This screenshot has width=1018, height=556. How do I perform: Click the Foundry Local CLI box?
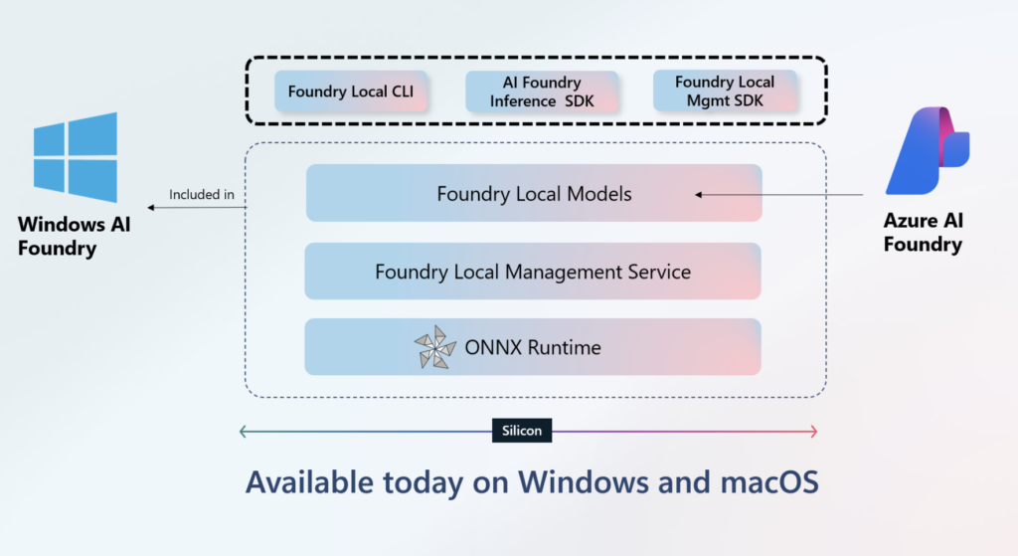point(350,92)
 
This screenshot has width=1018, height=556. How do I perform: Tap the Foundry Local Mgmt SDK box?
point(724,92)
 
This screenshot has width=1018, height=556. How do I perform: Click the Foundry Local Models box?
point(534,194)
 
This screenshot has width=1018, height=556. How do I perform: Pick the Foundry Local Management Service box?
point(533,272)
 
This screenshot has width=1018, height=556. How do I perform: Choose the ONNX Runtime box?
point(533,348)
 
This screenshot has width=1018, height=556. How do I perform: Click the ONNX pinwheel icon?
point(435,348)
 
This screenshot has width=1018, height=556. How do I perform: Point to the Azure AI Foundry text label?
point(923,232)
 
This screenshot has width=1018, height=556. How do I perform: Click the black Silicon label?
point(522,432)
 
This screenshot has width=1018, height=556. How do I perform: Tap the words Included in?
point(202,195)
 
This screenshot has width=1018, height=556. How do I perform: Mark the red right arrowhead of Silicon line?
point(812,432)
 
